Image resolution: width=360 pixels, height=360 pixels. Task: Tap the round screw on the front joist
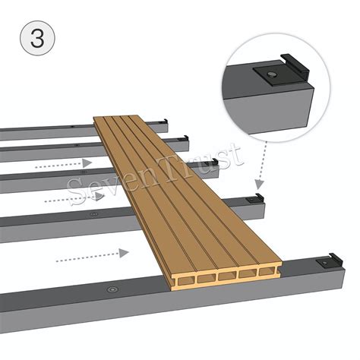point(112,289)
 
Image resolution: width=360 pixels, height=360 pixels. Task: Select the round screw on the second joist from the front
point(93,215)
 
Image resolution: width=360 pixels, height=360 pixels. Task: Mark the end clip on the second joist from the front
point(258,197)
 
